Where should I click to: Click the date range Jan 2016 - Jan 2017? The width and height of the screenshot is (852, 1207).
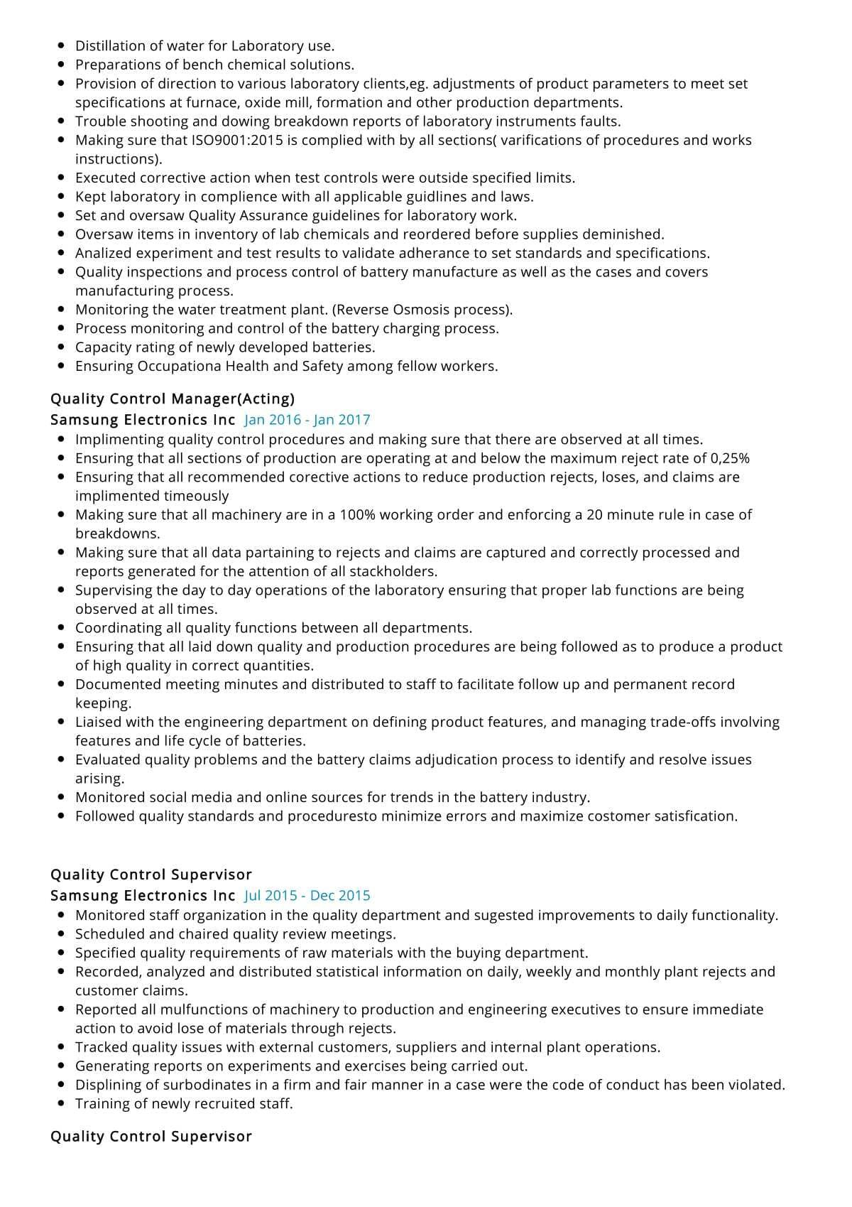tap(307, 420)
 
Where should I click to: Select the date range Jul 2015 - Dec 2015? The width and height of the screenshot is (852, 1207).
tap(307, 896)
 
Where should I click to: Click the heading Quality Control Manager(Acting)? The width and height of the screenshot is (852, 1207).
tap(173, 399)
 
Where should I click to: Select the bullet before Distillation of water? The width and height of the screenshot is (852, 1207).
tap(61, 46)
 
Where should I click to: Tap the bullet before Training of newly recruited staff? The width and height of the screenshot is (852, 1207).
tap(61, 1104)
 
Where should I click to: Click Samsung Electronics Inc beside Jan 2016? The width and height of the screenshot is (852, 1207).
tap(143, 420)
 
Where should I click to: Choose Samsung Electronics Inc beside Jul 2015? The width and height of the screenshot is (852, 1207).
tap(143, 896)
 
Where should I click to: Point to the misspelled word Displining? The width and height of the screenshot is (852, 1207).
tap(108, 1085)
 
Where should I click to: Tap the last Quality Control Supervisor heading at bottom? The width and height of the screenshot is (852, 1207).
tap(151, 1137)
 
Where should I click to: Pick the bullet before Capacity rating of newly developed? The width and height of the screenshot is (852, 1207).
tap(61, 347)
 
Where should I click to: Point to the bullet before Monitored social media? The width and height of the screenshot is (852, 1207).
tap(61, 798)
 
